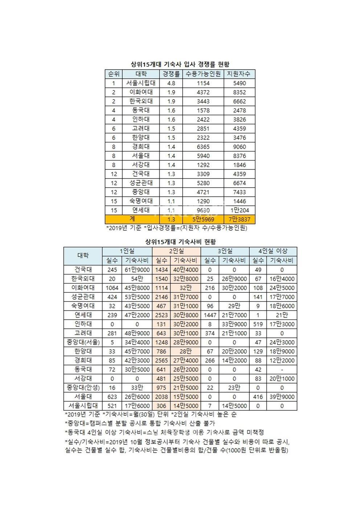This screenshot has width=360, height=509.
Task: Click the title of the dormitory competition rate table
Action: point(180,64)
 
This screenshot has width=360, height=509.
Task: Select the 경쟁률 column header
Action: point(171,74)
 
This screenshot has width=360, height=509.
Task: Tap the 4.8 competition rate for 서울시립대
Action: point(171,83)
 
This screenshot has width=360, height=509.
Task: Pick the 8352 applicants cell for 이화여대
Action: point(239,92)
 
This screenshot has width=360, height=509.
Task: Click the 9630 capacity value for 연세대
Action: point(203,210)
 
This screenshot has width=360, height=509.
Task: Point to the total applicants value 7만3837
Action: point(239,219)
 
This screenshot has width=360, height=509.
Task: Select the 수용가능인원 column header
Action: point(203,74)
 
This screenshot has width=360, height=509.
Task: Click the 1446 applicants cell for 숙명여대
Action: point(239,201)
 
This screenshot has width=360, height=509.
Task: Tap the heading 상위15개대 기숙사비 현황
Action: point(180,241)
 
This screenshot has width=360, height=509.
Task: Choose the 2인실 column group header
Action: point(176,251)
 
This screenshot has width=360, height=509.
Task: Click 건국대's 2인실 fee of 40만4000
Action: point(185,270)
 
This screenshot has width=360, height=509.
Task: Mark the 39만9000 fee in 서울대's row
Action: point(282,397)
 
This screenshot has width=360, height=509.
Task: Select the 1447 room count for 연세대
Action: point(210,315)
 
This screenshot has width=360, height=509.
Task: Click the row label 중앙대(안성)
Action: point(83,387)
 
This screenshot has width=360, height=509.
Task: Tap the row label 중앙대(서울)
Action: point(83,342)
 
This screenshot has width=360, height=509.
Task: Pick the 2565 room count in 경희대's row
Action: point(161,360)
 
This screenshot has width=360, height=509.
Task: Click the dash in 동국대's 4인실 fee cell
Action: point(282,369)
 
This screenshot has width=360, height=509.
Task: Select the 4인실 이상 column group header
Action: point(273,251)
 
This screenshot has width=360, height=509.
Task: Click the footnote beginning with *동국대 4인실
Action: point(164,432)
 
